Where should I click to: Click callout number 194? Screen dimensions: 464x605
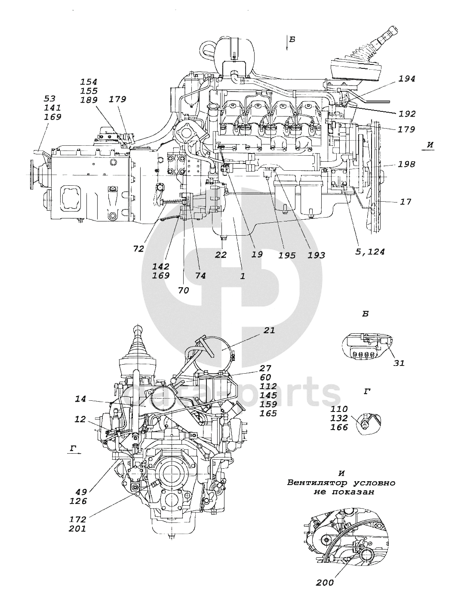pyautogui.click(x=407, y=79)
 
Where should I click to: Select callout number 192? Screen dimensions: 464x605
pyautogui.click(x=407, y=114)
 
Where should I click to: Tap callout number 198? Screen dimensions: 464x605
pyautogui.click(x=407, y=164)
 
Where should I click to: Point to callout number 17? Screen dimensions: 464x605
pyautogui.click(x=405, y=201)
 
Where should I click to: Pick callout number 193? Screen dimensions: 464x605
pyautogui.click(x=317, y=255)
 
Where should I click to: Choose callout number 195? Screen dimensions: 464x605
pyautogui.click(x=287, y=255)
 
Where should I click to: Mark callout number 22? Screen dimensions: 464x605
pyautogui.click(x=221, y=255)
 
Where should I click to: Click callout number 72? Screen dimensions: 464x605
pyautogui.click(x=138, y=249)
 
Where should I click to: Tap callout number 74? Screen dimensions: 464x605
pyautogui.click(x=200, y=276)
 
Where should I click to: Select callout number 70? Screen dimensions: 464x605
pyautogui.click(x=183, y=290)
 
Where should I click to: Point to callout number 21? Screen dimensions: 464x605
pyautogui.click(x=269, y=330)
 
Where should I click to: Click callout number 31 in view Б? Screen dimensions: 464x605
pyautogui.click(x=399, y=363)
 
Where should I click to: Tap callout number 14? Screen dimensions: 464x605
pyautogui.click(x=80, y=399)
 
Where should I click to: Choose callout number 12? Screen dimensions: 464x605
pyautogui.click(x=80, y=419)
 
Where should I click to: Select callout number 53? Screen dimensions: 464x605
pyautogui.click(x=50, y=98)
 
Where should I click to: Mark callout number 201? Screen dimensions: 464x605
pyautogui.click(x=78, y=528)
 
